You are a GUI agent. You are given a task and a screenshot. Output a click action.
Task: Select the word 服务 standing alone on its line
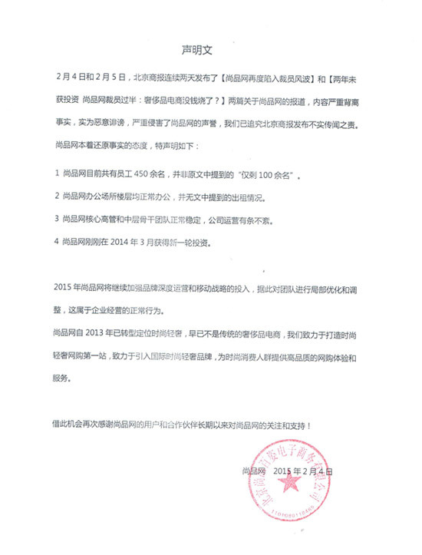pyautogui.click(x=67, y=378)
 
